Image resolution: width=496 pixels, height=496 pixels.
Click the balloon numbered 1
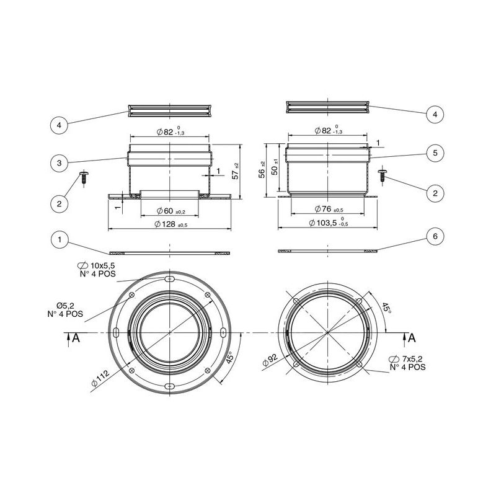(60, 240)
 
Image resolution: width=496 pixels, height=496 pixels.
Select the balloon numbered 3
(60, 163)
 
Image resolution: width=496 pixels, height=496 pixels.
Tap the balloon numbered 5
(435, 153)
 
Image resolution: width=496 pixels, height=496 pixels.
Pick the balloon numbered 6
(435, 236)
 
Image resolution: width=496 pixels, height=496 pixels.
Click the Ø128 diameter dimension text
(171, 224)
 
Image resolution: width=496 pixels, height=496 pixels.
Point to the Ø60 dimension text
(171, 211)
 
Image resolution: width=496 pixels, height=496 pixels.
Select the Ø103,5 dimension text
(329, 223)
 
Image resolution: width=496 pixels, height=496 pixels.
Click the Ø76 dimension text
(329, 209)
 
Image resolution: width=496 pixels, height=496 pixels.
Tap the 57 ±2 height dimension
(236, 171)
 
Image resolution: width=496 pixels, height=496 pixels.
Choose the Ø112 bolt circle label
(100, 378)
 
